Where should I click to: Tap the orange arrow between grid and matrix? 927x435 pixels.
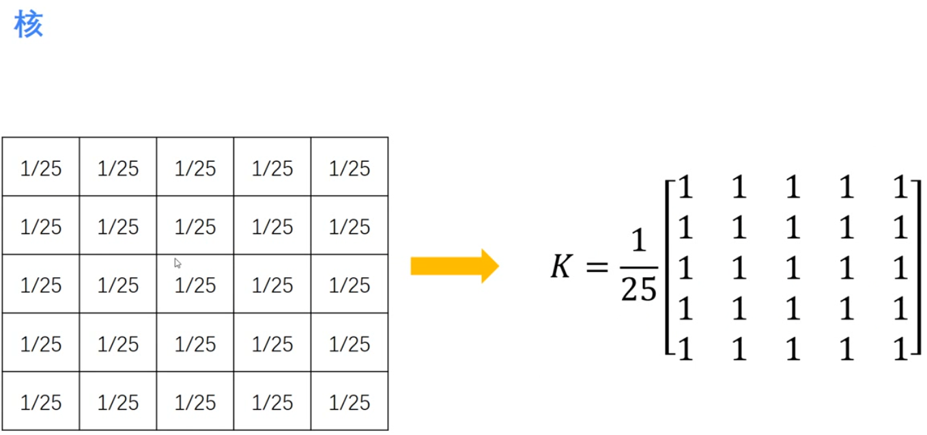[x=454, y=266]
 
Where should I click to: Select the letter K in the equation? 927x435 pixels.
[x=561, y=266]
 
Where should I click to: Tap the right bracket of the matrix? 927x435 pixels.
[x=917, y=266]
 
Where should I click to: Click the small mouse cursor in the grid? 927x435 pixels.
[x=177, y=263]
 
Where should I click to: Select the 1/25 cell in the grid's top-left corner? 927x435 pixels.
[x=41, y=168]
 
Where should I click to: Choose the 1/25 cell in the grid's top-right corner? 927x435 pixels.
[x=350, y=168]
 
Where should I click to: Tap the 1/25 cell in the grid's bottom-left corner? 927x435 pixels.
[x=41, y=402]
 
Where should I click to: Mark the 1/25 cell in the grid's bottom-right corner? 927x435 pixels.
[x=350, y=402]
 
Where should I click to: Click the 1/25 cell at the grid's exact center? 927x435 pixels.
[x=195, y=285]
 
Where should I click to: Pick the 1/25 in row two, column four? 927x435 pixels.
[x=272, y=226]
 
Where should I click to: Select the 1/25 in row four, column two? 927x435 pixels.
[x=118, y=343]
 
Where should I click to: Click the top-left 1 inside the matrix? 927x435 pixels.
[x=685, y=187]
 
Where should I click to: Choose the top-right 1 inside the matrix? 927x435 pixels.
[x=901, y=187]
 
